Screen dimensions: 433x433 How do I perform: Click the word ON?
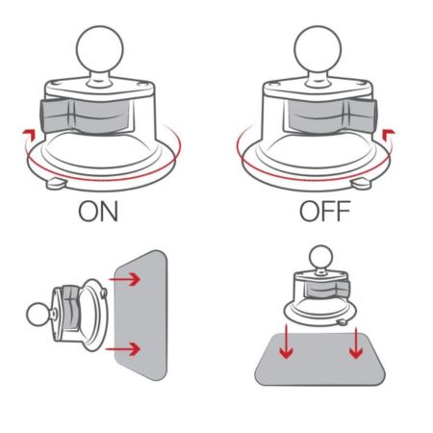point(98,211)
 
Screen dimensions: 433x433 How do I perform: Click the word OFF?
point(324,211)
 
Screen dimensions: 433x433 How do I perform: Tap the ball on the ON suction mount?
point(100,49)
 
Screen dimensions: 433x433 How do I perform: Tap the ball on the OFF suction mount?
point(318,49)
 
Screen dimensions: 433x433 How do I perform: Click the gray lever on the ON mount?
point(86,116)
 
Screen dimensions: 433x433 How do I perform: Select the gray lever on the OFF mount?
point(330,116)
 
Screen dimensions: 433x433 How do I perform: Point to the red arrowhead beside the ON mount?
point(29,134)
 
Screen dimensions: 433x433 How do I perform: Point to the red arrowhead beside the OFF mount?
point(389,134)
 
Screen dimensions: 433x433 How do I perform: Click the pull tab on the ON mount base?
point(57,184)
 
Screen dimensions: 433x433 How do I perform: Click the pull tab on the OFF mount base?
point(362,184)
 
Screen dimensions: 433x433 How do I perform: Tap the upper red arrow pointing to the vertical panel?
point(125,279)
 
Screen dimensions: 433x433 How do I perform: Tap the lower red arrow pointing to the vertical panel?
point(123,348)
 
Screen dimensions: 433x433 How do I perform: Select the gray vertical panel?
point(141,316)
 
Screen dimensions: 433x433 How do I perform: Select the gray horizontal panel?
point(320,359)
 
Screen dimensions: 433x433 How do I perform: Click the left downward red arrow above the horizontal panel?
point(286,343)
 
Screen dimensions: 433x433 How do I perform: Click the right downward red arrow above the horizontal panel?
point(356,343)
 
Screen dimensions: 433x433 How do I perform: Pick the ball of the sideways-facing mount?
point(38,315)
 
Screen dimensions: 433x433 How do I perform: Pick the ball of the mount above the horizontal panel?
point(320,257)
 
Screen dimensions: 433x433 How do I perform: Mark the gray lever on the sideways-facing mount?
point(71,309)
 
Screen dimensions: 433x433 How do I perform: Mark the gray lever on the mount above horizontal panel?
point(327,289)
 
